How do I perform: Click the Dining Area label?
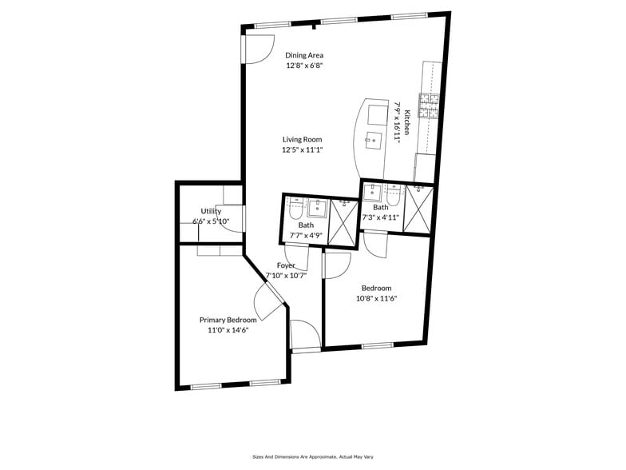tap(304, 55)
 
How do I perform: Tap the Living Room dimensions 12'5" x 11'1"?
tap(302, 149)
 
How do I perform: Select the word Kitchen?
tap(407, 121)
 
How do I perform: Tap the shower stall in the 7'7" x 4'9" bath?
tap(343, 221)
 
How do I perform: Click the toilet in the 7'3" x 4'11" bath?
tap(393, 192)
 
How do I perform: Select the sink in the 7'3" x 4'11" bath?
tap(372, 192)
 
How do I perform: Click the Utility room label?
tap(211, 212)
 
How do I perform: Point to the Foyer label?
tap(286, 265)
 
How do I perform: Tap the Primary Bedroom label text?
tap(228, 320)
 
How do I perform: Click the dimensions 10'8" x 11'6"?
tap(376, 298)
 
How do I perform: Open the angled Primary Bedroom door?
tap(270, 302)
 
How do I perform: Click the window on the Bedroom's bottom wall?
tap(377, 346)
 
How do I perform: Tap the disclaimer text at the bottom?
tap(312, 456)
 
